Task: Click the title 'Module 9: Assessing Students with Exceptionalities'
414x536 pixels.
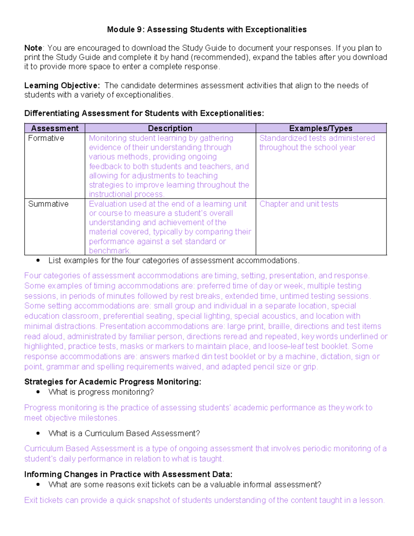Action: point(207,29)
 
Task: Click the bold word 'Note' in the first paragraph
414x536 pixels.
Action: point(33,48)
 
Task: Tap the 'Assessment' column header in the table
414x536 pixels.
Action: point(55,128)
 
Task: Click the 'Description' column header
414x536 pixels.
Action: point(170,128)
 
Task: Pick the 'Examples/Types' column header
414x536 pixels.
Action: point(321,128)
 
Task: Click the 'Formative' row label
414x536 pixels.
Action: point(46,138)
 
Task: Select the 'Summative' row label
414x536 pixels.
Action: point(48,204)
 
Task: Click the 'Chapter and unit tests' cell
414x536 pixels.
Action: point(299,204)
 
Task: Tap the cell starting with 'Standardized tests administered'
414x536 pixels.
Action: point(317,143)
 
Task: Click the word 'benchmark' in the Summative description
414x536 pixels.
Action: point(109,251)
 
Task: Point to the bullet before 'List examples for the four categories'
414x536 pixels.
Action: point(38,261)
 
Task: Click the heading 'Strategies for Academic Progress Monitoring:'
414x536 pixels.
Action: point(112,382)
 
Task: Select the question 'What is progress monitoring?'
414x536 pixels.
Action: point(101,392)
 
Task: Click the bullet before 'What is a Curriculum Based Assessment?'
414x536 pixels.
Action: point(38,433)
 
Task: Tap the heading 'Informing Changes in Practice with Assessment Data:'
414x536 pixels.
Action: point(128,474)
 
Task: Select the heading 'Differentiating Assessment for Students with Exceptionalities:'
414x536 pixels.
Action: point(144,113)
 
